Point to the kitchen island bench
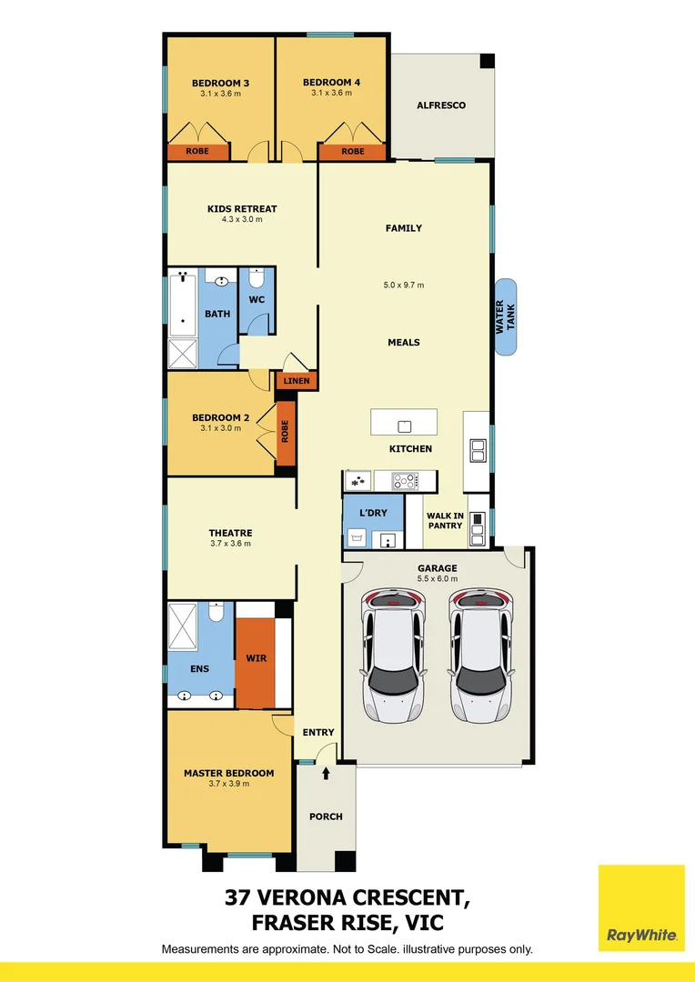[x=404, y=424]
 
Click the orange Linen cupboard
[x=297, y=382]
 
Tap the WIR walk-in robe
[x=256, y=658]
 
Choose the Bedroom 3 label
[x=220, y=83]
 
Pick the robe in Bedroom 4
[x=352, y=152]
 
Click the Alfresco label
[x=440, y=105]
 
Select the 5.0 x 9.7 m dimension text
[x=404, y=286]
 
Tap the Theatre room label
[x=230, y=533]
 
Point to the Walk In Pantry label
[x=446, y=520]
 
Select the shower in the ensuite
[x=186, y=625]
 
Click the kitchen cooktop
[x=404, y=480]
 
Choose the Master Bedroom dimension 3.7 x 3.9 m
[x=228, y=784]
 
